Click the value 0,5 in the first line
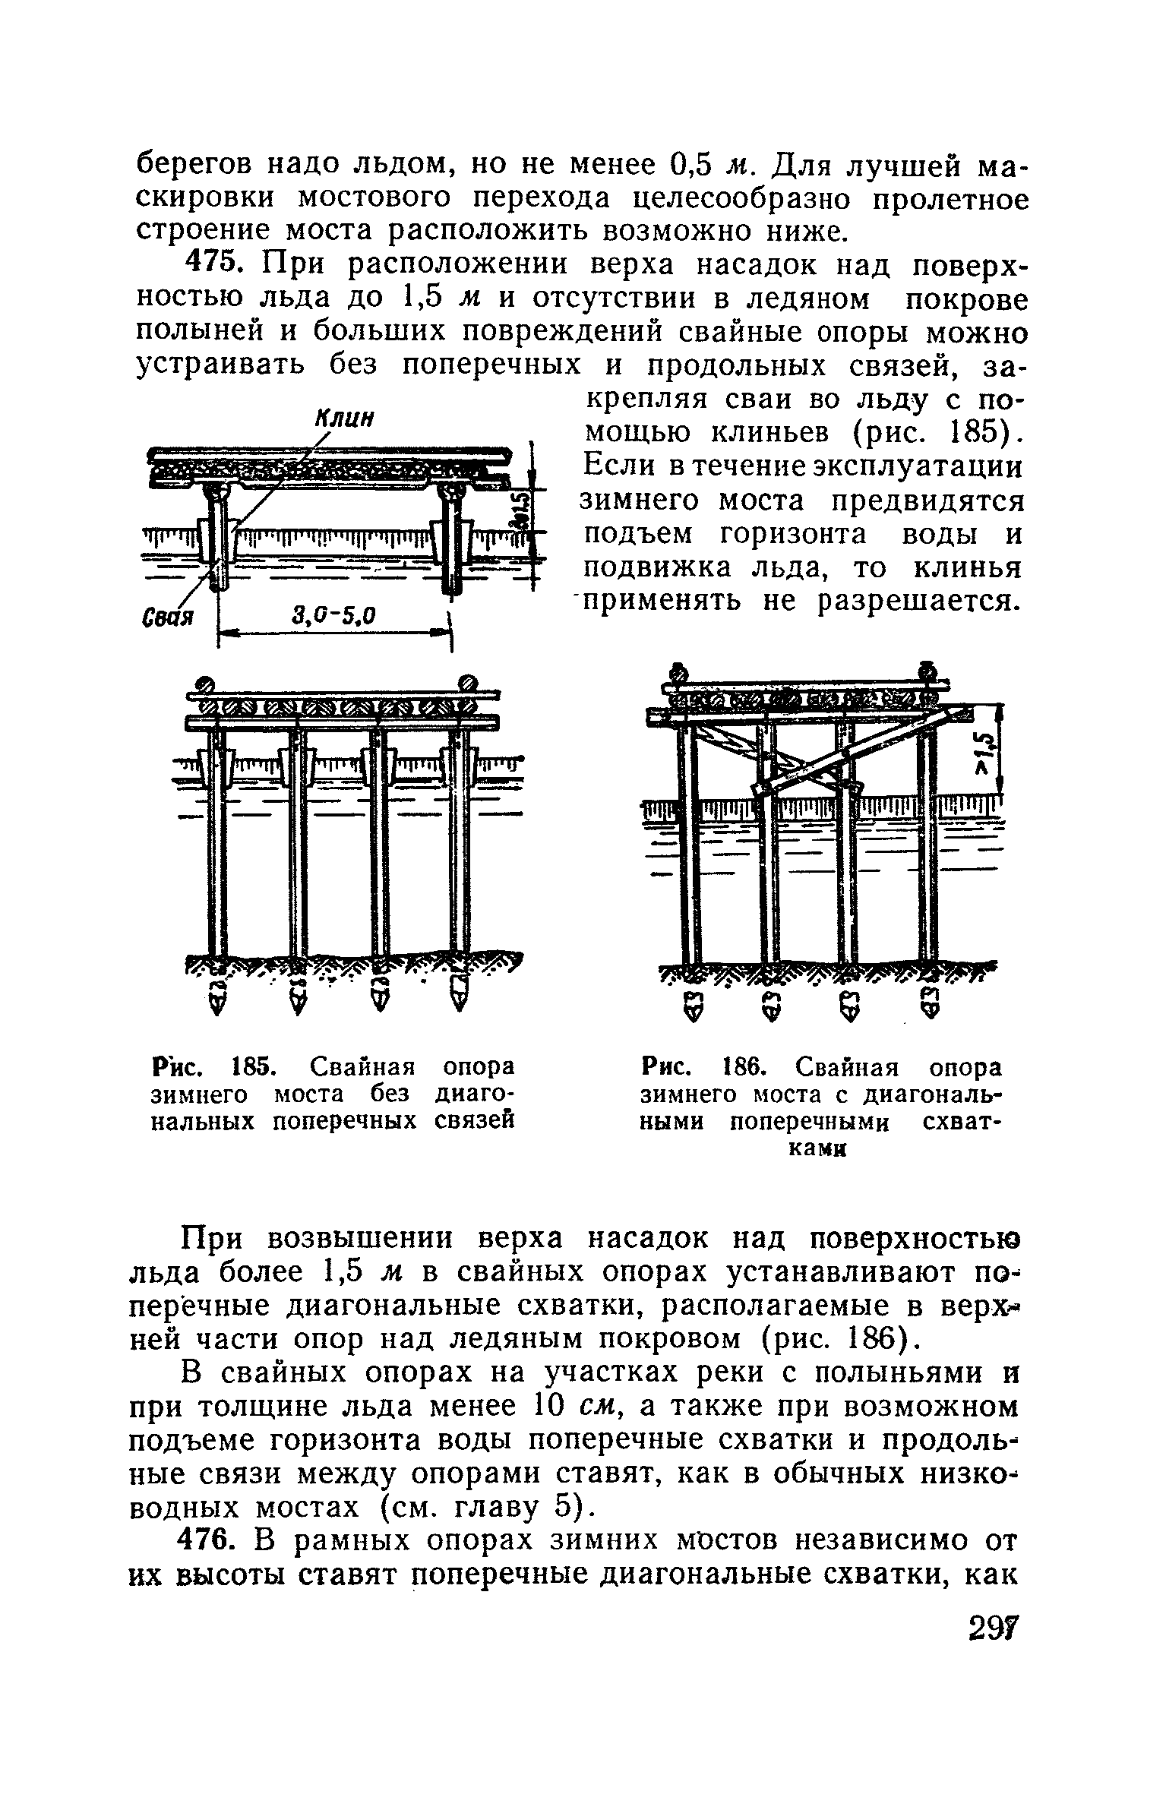pos(690,164)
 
